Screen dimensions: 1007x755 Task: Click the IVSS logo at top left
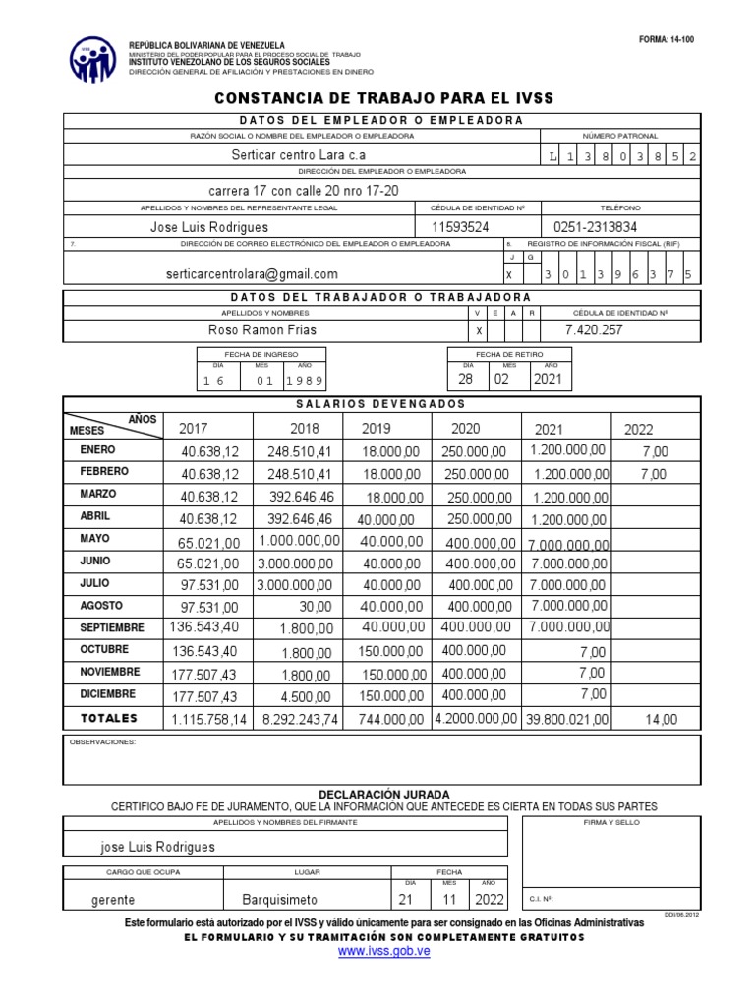92,59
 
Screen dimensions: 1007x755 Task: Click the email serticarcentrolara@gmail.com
252,274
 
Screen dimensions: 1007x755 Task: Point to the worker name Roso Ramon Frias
263,330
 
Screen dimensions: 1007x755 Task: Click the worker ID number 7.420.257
594,330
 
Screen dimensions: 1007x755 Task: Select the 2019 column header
377,429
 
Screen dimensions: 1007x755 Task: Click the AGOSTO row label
102,605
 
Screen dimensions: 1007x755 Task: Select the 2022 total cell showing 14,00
661,720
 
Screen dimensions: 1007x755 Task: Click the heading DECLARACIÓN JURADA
384,794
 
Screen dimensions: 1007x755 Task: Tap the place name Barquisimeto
280,900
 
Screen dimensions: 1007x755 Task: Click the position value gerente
113,900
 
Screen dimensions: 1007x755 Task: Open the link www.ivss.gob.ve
384,952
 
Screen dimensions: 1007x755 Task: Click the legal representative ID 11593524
461,227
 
